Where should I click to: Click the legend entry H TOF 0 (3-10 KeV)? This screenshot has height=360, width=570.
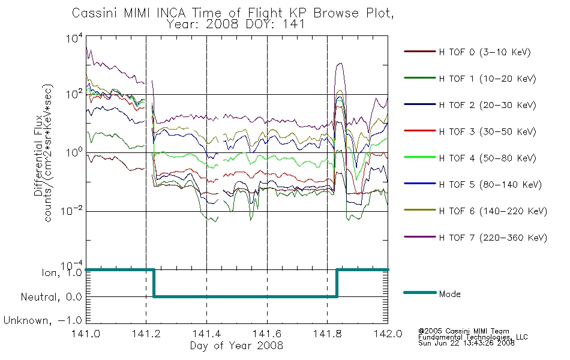(467, 52)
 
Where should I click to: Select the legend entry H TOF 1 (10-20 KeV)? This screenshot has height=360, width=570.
(470, 78)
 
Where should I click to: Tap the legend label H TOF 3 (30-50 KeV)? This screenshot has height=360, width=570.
(487, 131)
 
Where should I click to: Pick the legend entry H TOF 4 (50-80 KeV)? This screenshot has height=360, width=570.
(470, 158)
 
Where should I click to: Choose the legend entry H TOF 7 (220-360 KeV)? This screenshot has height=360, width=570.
(475, 238)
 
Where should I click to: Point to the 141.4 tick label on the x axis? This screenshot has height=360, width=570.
(207, 334)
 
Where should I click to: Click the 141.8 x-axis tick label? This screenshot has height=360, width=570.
(328, 334)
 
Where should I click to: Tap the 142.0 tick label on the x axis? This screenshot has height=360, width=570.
(388, 334)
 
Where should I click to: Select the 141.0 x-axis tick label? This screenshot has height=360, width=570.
(86, 334)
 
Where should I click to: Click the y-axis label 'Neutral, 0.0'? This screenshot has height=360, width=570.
(51, 297)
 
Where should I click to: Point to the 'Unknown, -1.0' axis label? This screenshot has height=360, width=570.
(43, 320)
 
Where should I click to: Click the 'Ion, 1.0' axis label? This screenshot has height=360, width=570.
(62, 272)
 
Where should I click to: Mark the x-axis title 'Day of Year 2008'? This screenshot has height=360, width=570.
(236, 346)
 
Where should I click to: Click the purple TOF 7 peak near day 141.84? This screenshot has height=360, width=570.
(340, 63)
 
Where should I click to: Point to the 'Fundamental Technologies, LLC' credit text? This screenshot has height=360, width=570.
(473, 337)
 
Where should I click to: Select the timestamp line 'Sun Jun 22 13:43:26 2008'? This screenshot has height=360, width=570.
(466, 343)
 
